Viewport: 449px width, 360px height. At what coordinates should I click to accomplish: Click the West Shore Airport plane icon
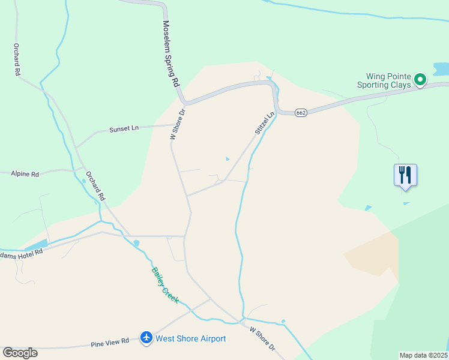[146, 338]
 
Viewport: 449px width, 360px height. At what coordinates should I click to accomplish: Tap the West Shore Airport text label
[190, 339]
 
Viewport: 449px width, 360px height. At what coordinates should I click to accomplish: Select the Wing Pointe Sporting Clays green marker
[421, 79]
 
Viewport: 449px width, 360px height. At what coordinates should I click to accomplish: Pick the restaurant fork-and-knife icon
[405, 175]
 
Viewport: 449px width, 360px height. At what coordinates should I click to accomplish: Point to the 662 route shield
[301, 113]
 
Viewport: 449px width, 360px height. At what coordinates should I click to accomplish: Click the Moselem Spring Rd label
[172, 53]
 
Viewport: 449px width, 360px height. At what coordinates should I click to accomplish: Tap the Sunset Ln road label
[124, 129]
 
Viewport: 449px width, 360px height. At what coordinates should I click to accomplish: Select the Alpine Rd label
[25, 174]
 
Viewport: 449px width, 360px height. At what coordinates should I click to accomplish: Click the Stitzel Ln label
[264, 124]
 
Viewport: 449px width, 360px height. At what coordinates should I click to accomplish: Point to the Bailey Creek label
[164, 285]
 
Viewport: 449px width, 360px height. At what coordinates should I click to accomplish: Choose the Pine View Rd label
[110, 342]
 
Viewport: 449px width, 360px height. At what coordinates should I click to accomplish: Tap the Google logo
[20, 353]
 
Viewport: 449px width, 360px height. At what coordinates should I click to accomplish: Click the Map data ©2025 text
[423, 355]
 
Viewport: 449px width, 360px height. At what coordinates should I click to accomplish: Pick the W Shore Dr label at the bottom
[262, 339]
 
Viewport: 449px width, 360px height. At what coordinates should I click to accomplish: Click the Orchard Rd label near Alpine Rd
[95, 187]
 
